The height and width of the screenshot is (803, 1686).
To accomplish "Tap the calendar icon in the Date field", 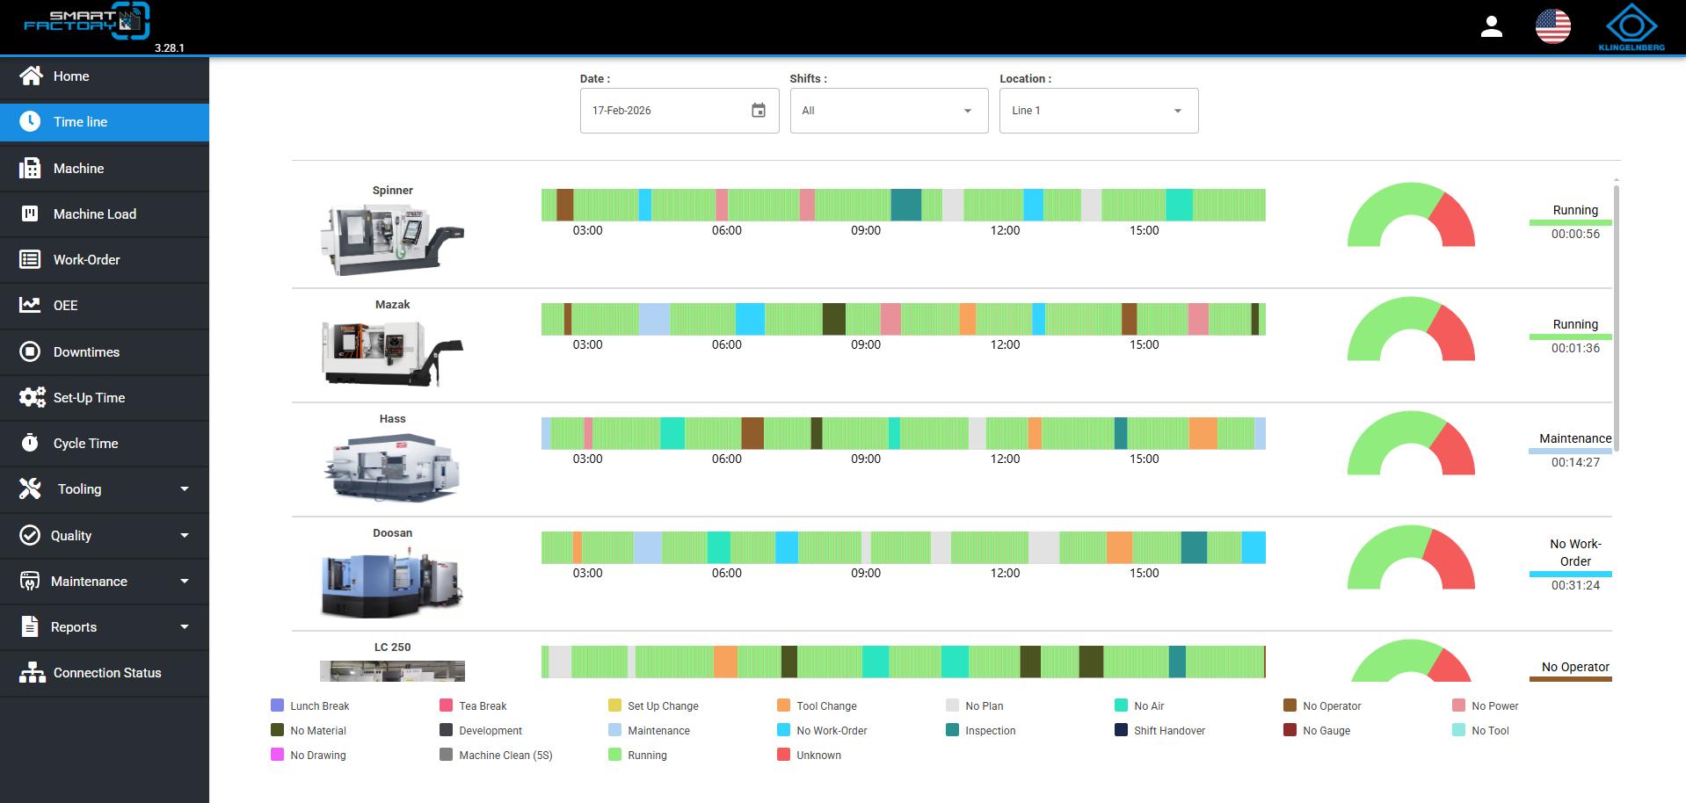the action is pos(759,111).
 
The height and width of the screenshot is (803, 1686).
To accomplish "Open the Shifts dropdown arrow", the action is pos(968,111).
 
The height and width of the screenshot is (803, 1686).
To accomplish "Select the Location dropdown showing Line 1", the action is pos(1099,111).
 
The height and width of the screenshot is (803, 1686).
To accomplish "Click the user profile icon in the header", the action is pos(1492,26).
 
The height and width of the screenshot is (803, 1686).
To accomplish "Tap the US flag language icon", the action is pos(1553,26).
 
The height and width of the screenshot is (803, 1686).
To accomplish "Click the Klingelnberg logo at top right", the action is pos(1631,27).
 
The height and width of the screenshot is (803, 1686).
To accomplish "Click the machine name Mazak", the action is pos(392,305).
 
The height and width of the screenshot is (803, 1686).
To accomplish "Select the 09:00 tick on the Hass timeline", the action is pos(866,459).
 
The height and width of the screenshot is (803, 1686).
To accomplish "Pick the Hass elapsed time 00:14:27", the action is pos(1575,462).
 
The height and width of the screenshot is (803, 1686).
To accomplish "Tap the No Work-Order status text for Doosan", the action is pos(1575,553).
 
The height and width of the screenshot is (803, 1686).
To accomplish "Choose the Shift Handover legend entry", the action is pos(1159,730).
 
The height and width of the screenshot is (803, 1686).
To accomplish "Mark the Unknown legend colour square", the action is pos(783,755).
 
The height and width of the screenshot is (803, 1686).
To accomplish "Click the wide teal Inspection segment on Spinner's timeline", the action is pos(905,205).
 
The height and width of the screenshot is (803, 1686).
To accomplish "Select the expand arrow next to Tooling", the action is pos(185,489).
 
